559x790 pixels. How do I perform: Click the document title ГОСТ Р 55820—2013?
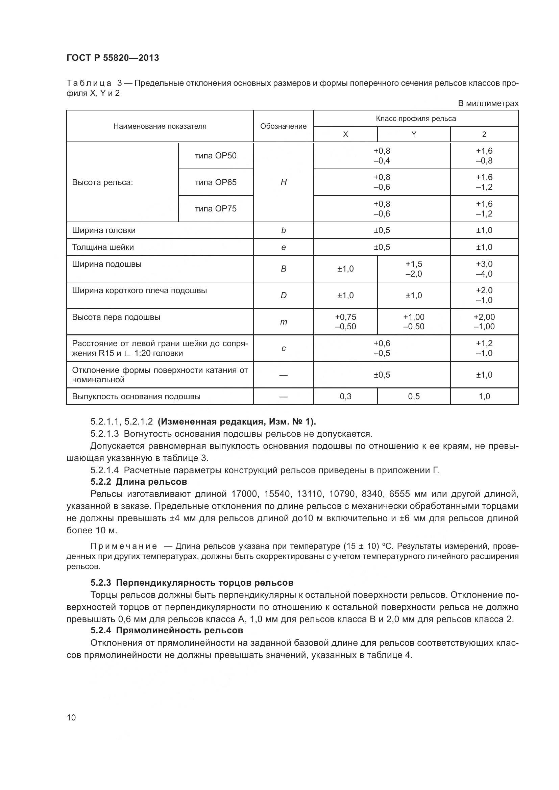(x=113, y=58)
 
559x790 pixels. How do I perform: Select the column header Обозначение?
(x=283, y=126)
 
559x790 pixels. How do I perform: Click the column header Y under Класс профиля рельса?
(x=414, y=134)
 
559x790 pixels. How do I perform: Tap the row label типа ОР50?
(x=216, y=156)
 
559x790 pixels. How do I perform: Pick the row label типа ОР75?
(x=216, y=209)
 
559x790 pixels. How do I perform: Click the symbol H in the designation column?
(x=283, y=182)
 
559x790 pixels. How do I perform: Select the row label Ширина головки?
(x=104, y=231)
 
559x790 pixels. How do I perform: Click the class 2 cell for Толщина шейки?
(x=484, y=247)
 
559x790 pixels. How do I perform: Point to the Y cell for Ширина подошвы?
(x=414, y=269)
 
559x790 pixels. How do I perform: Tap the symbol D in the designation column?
(x=283, y=296)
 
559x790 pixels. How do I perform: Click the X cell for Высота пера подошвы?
(x=345, y=322)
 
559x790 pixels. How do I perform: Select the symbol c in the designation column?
(x=283, y=348)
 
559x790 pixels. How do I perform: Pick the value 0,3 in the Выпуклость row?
(x=345, y=397)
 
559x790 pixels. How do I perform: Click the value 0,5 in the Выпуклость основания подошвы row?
(x=414, y=397)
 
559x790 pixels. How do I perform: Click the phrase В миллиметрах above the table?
(x=488, y=104)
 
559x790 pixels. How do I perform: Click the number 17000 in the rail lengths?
(x=244, y=494)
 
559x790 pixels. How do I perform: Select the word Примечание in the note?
(x=124, y=546)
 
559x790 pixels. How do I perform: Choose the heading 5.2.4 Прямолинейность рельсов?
(x=167, y=630)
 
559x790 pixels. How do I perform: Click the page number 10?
(x=71, y=717)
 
